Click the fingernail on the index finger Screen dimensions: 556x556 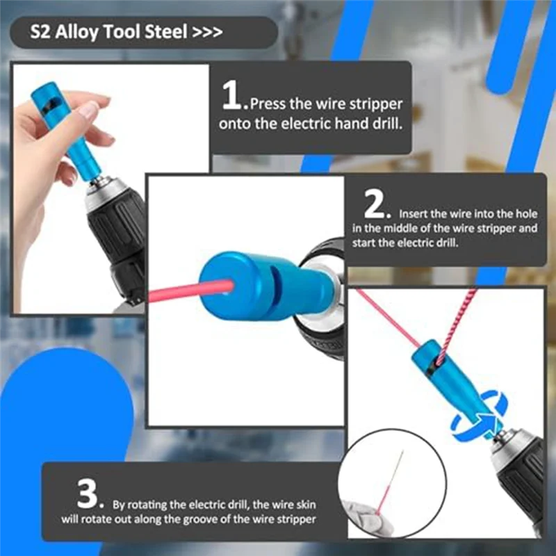click(89, 109)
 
